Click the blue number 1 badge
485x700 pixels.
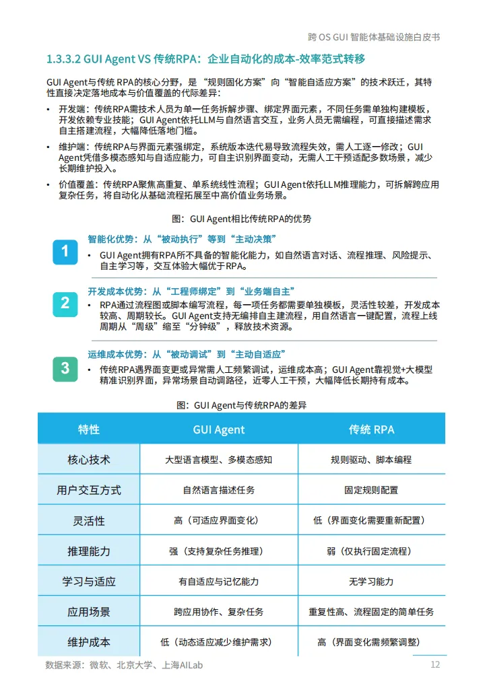pos(65,251)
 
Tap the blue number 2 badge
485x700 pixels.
pos(65,303)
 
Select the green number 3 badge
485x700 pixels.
pos(65,367)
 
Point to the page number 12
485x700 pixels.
pos(435,664)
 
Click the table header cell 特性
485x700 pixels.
pos(89,429)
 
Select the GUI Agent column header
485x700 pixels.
pos(219,429)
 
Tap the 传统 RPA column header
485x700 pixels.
pos(371,429)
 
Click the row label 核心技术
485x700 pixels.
pos(89,460)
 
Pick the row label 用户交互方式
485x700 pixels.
pos(89,490)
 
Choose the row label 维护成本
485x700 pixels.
pos(89,642)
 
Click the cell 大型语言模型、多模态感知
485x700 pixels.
pos(219,460)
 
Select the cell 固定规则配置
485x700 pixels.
pos(371,490)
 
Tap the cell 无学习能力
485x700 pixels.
pos(371,582)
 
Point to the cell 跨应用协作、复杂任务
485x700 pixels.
pos(219,612)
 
